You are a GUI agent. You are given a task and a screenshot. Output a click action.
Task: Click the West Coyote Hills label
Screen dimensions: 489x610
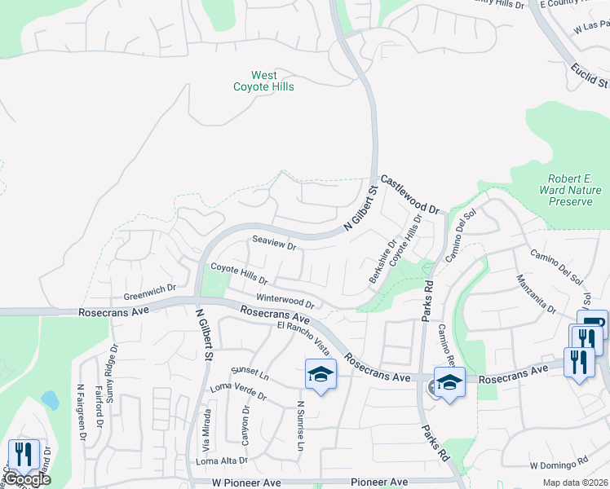coord(263,81)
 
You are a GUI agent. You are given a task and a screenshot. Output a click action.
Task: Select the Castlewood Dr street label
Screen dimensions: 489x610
coord(409,194)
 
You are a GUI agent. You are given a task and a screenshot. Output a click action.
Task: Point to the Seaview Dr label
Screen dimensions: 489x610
coord(273,243)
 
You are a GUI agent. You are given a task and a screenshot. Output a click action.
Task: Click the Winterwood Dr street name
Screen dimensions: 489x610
coord(285,302)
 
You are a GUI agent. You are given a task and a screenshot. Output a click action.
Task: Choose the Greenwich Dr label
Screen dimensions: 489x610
coord(150,289)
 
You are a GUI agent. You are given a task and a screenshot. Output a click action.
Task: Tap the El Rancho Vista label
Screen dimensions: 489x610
coord(303,337)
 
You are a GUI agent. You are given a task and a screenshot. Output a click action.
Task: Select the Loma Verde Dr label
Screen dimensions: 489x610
coord(238,391)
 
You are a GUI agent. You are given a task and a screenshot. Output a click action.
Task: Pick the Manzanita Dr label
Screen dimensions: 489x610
coord(535,294)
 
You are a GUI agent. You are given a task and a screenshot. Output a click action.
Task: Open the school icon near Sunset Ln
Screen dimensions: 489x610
coord(320,375)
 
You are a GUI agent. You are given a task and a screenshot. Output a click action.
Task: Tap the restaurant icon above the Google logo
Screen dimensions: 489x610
coord(24,453)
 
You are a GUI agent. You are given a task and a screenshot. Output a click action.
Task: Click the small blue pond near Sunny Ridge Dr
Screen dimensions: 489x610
coord(49,399)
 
